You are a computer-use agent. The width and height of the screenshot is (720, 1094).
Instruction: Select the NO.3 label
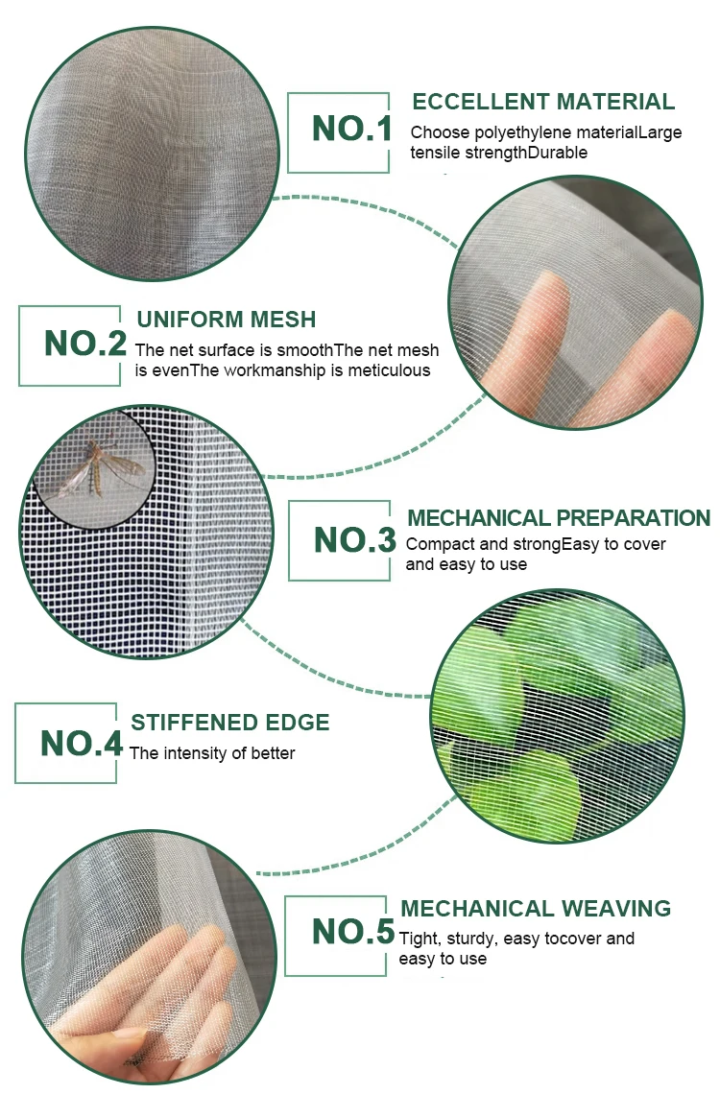pos(354,541)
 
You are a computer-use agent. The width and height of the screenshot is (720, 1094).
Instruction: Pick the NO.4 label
pos(81,743)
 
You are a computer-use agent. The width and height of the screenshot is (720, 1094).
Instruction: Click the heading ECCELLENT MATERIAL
pos(542,102)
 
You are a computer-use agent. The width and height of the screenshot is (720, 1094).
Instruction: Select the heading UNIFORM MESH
pos(226,320)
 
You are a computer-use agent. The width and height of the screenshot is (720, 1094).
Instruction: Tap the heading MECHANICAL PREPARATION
pos(559,519)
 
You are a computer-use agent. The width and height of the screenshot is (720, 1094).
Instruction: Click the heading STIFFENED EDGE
pos(229,723)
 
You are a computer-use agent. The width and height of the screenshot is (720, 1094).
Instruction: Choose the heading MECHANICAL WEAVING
pos(535,909)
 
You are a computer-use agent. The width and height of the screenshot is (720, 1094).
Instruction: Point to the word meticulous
pos(392,370)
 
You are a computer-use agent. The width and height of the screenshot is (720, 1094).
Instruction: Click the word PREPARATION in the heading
pos(633,519)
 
